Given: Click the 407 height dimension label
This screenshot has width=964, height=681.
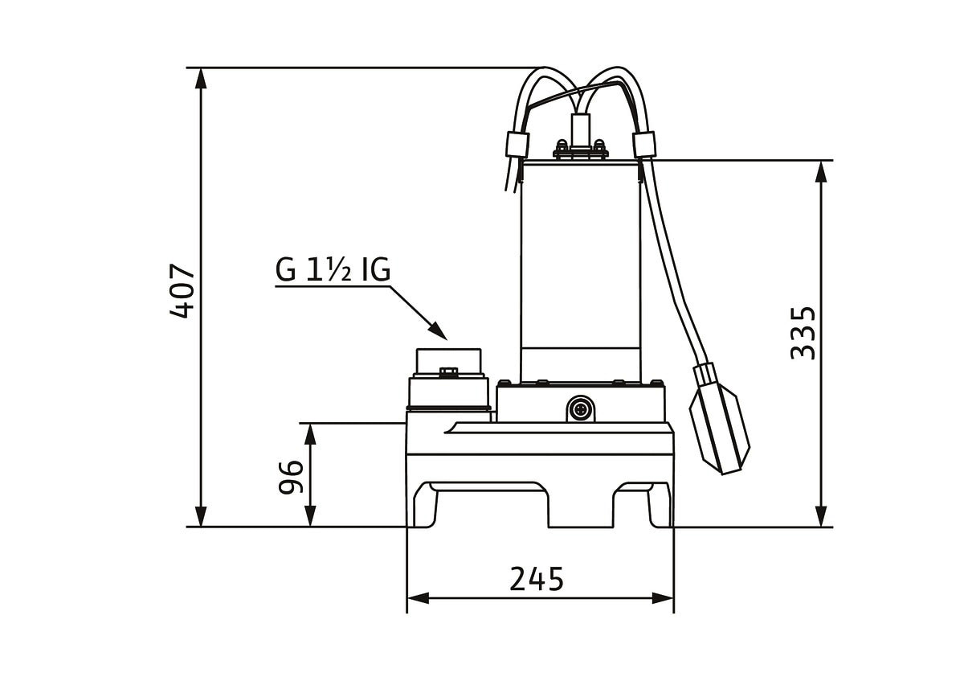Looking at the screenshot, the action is (x=182, y=291).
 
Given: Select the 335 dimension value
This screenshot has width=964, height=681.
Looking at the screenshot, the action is (x=803, y=333).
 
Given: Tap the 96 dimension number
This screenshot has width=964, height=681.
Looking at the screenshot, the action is (x=291, y=477).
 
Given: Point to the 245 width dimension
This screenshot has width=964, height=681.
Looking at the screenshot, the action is (x=537, y=580).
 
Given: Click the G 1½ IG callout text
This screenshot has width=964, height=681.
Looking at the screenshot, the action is (x=333, y=269).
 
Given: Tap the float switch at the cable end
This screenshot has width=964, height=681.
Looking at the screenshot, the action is (x=719, y=419).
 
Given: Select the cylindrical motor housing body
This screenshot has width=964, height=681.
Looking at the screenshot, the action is (x=580, y=272).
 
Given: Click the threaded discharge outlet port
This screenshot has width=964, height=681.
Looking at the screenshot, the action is (x=448, y=379).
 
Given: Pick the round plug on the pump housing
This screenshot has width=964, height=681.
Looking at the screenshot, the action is (x=580, y=408).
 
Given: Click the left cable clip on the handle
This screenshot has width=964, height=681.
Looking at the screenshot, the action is (x=517, y=145).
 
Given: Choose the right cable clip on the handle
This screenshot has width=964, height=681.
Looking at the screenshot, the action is (x=643, y=144).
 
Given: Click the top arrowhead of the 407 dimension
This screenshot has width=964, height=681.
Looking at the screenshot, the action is (x=201, y=78).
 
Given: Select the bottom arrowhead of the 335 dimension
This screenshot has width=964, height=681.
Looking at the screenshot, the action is (x=821, y=516).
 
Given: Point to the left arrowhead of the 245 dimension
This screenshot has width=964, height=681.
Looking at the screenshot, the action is (x=418, y=598).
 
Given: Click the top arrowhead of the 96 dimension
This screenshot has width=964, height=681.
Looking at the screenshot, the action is (x=310, y=433).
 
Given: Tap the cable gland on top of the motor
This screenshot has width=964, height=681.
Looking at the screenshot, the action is (x=581, y=137).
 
